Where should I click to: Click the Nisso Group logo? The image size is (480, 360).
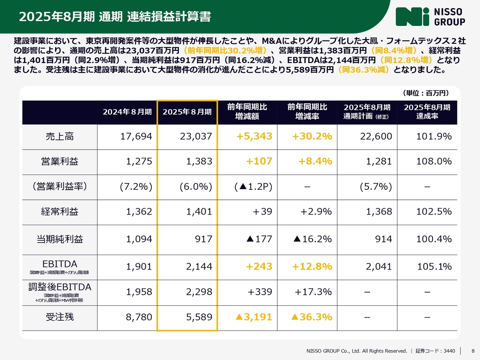(x=430, y=17)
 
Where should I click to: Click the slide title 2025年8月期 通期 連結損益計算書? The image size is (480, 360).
(x=115, y=17)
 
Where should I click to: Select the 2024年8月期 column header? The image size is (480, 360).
(x=127, y=112)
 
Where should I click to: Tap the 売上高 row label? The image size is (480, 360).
(x=60, y=136)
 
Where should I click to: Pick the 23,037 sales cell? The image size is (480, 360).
(x=196, y=136)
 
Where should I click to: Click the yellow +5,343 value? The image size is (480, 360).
(x=254, y=136)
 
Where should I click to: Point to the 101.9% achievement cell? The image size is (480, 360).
(x=434, y=136)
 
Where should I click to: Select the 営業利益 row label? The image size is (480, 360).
(x=60, y=162)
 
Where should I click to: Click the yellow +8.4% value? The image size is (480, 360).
(x=315, y=162)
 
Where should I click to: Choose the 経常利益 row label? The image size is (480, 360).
(x=60, y=212)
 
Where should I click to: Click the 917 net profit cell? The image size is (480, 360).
(x=203, y=239)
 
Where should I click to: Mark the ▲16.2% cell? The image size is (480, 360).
(x=312, y=239)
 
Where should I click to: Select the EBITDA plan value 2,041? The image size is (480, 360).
(x=379, y=267)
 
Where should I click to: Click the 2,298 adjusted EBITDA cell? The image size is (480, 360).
(x=199, y=292)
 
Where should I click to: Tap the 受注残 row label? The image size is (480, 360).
(x=60, y=317)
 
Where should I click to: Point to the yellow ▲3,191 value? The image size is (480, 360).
(x=253, y=317)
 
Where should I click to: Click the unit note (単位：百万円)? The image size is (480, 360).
(x=426, y=93)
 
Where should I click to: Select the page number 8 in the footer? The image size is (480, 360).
(x=473, y=351)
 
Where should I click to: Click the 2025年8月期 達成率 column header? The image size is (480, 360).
(x=427, y=112)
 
